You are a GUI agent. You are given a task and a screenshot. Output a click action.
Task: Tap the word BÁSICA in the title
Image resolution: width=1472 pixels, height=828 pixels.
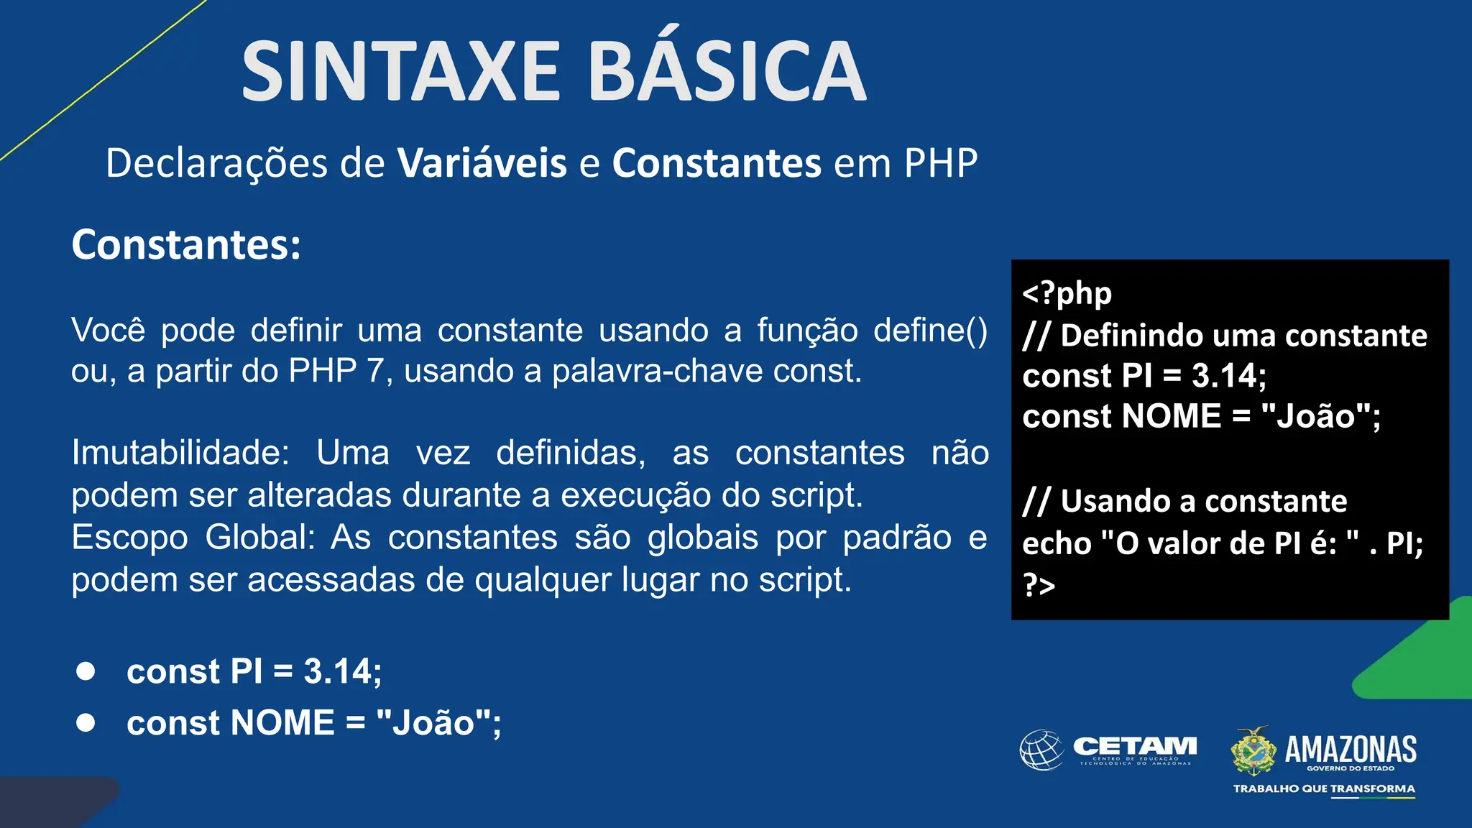tap(727, 72)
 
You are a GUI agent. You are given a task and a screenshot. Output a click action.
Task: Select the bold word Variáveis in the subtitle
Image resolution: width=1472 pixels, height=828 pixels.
tap(482, 163)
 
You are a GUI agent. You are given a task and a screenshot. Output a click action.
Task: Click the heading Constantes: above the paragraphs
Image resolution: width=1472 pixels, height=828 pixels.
tap(186, 245)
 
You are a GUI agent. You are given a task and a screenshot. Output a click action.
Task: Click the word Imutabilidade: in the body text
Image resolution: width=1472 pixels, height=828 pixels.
tap(180, 454)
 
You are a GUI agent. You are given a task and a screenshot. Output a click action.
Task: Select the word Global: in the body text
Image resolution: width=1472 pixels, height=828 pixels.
tap(260, 538)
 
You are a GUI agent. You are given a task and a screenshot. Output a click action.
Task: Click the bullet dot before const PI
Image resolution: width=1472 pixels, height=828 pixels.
tap(86, 671)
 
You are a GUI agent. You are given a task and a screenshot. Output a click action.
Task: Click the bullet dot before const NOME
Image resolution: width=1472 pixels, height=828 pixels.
tap(86, 722)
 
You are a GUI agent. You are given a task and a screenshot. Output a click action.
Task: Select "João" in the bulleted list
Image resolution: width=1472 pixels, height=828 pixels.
tap(433, 723)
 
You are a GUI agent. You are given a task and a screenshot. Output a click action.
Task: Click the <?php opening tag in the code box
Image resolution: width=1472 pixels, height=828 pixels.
tap(1067, 293)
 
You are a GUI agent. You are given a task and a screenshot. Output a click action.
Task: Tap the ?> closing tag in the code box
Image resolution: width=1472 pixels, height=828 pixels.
tap(1039, 585)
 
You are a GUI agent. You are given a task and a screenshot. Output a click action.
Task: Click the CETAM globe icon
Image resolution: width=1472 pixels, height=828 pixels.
tap(1041, 750)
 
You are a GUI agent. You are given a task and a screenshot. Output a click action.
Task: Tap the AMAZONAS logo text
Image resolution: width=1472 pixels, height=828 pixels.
tap(1351, 749)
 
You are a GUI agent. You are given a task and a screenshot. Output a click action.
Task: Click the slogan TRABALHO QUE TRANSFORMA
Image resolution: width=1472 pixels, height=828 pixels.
tap(1324, 788)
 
